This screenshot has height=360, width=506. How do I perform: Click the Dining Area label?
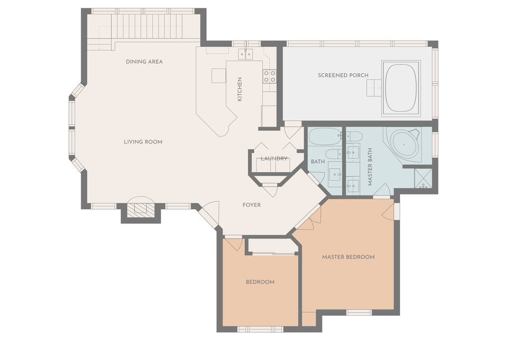click(144, 62)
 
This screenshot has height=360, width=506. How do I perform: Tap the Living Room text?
click(143, 142)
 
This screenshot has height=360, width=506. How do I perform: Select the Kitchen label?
click(239, 90)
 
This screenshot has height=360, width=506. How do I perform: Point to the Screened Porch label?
click(343, 75)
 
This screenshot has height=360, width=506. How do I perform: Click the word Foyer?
click(252, 205)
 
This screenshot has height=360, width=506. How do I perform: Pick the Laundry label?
click(274, 158)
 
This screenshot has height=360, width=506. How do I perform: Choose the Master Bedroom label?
click(348, 257)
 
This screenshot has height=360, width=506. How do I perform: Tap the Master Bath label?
click(370, 167)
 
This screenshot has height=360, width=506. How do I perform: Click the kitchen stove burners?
click(269, 76)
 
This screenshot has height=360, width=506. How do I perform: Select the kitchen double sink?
click(246, 54)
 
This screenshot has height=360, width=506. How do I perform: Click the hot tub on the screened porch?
click(401, 88)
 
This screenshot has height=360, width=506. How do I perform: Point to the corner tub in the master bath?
click(404, 144)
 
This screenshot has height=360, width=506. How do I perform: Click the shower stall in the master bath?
click(423, 178)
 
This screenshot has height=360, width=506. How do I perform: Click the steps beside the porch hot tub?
click(374, 88)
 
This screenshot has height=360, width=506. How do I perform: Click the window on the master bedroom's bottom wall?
click(359, 312)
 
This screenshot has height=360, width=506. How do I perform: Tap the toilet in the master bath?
click(353, 137)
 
